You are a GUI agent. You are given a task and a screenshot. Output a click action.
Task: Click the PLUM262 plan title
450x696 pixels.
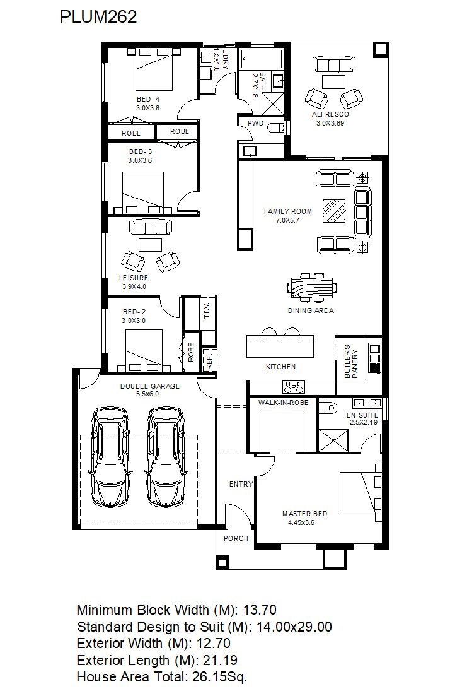(98, 17)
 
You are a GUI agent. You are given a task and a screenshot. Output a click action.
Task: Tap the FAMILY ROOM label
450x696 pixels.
(288, 211)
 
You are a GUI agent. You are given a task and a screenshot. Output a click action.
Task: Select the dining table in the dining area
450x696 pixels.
(311, 288)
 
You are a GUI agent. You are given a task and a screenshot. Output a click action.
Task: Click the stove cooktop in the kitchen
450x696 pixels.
(294, 387)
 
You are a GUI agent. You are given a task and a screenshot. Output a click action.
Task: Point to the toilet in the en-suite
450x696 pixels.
(327, 407)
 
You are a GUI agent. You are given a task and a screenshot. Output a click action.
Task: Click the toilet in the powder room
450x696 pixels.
(277, 127)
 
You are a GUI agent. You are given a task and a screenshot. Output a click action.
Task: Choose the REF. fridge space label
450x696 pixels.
(209, 360)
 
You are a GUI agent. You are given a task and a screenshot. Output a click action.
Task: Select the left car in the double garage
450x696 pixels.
(110, 457)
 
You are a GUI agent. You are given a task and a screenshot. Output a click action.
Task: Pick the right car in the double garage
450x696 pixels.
(166, 457)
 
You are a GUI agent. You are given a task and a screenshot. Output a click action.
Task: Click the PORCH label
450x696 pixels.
(236, 538)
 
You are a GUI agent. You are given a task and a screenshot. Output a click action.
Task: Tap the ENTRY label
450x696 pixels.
(241, 484)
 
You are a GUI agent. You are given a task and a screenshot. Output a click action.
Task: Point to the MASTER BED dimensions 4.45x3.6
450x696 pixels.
(301, 523)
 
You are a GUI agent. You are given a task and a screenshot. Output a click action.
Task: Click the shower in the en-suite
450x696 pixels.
(333, 440)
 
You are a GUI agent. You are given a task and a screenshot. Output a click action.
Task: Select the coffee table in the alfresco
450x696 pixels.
(333, 82)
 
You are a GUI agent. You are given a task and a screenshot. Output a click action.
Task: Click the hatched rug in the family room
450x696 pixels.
(334, 211)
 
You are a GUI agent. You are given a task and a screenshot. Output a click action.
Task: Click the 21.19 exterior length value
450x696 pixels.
(220, 660)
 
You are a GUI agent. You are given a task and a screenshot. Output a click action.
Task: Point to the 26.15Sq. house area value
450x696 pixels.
(219, 677)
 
